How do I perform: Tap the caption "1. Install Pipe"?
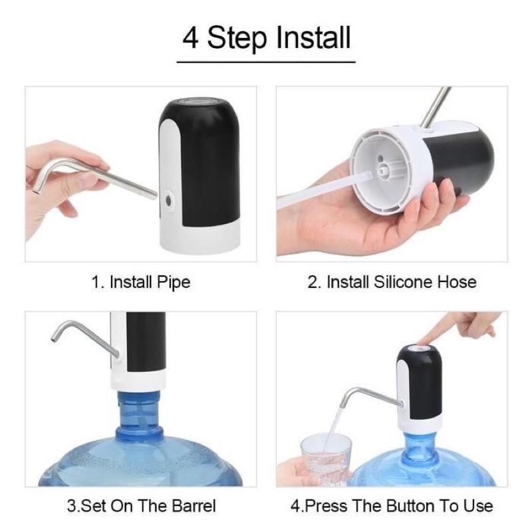coord(141,282)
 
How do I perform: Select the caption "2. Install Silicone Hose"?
coord(392,282)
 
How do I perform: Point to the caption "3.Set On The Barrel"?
coord(141,505)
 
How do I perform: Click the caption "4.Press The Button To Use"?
coord(392,505)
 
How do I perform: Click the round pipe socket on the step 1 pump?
coord(168,200)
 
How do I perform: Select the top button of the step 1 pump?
coord(200,101)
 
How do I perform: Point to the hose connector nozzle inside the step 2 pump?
coord(383,170)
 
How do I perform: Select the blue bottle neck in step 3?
coord(139,416)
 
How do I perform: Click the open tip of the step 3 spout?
coord(53,338)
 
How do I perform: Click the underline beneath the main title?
coord(266,63)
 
